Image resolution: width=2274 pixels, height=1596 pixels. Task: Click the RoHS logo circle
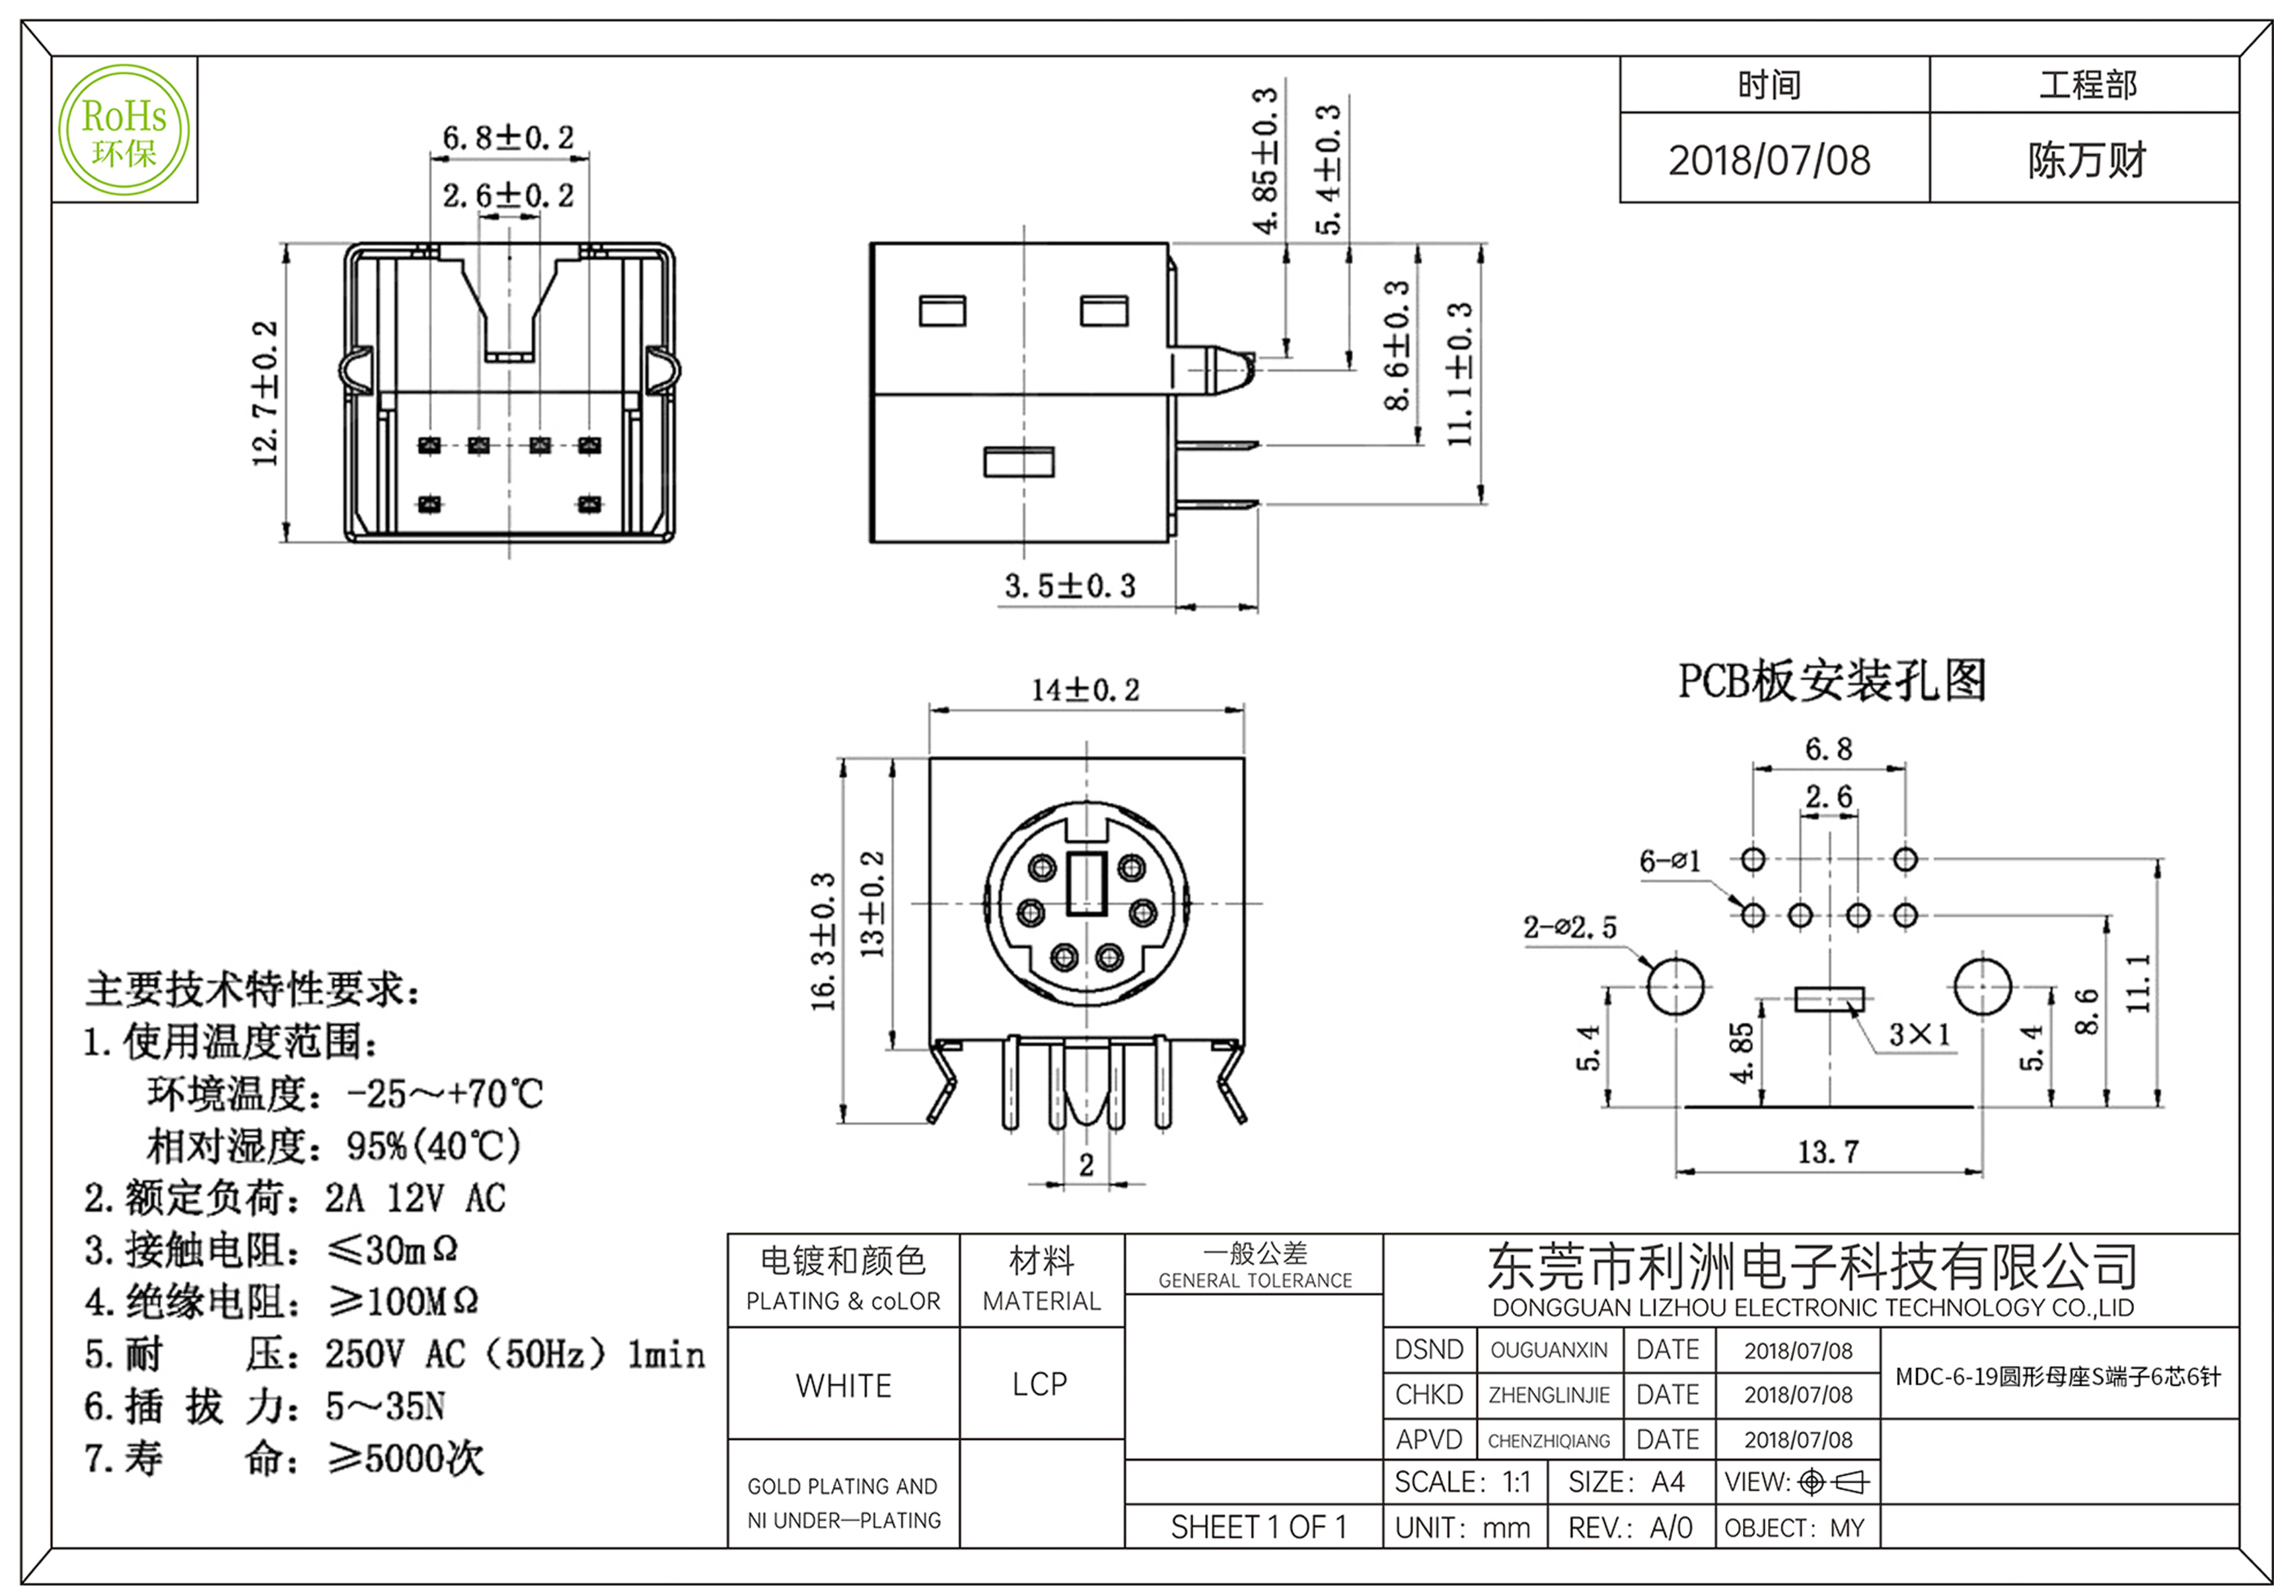coord(124,130)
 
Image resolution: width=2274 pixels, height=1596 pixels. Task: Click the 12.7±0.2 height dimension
coord(266,393)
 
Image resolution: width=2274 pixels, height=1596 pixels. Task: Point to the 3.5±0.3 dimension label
coord(1070,586)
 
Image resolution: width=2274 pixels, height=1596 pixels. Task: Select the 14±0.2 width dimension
coord(1085,689)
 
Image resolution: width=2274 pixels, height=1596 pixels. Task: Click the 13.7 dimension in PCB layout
coord(1828,1152)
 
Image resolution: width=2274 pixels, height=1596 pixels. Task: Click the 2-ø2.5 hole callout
coord(1570,927)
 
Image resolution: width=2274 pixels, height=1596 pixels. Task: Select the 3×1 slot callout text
coord(1919,1034)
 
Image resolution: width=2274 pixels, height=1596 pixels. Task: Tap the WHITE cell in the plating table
coord(844,1385)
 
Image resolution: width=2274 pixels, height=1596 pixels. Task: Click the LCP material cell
coord(1040,1384)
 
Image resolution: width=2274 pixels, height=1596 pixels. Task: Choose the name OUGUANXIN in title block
coord(1549,1350)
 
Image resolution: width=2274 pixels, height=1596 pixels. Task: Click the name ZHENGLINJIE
coord(1549,1396)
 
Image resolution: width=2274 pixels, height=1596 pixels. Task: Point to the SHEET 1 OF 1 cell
coord(1259,1527)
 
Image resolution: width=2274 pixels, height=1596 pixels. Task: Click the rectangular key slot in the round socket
coord(1087,882)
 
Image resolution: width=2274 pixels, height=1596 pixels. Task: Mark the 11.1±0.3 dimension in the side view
coord(1460,375)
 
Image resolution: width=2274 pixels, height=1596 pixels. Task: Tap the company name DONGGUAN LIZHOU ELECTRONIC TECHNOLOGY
coord(1812,1308)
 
